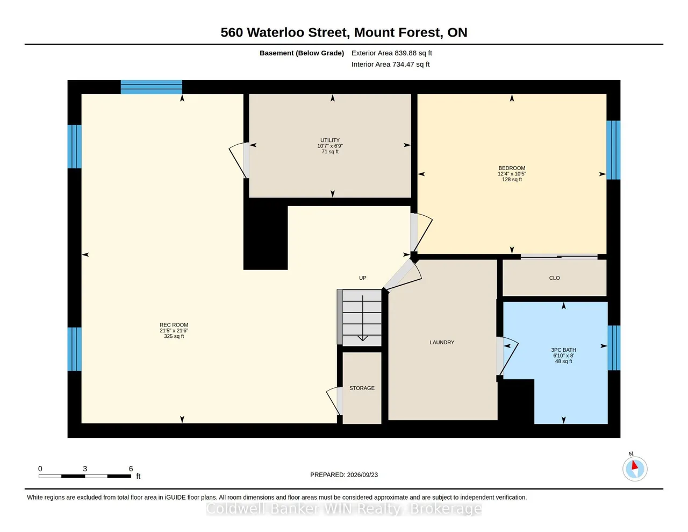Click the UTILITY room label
click(x=330, y=140)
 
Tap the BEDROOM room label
click(x=512, y=168)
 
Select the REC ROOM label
click(x=174, y=325)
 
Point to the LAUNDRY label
click(x=442, y=342)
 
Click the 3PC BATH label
click(x=563, y=350)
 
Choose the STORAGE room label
click(x=362, y=388)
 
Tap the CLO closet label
click(x=554, y=278)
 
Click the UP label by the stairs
click(x=362, y=278)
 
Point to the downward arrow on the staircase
click(x=362, y=318)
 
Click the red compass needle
click(x=634, y=465)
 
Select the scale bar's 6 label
click(x=131, y=469)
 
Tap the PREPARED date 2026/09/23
click(x=362, y=474)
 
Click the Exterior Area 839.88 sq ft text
click(x=391, y=53)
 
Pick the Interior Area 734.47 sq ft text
click(x=390, y=65)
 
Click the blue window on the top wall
click(x=152, y=87)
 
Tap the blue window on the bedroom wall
click(x=613, y=150)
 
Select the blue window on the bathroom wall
click(x=614, y=347)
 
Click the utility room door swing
click(x=238, y=160)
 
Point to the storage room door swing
click(x=334, y=401)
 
